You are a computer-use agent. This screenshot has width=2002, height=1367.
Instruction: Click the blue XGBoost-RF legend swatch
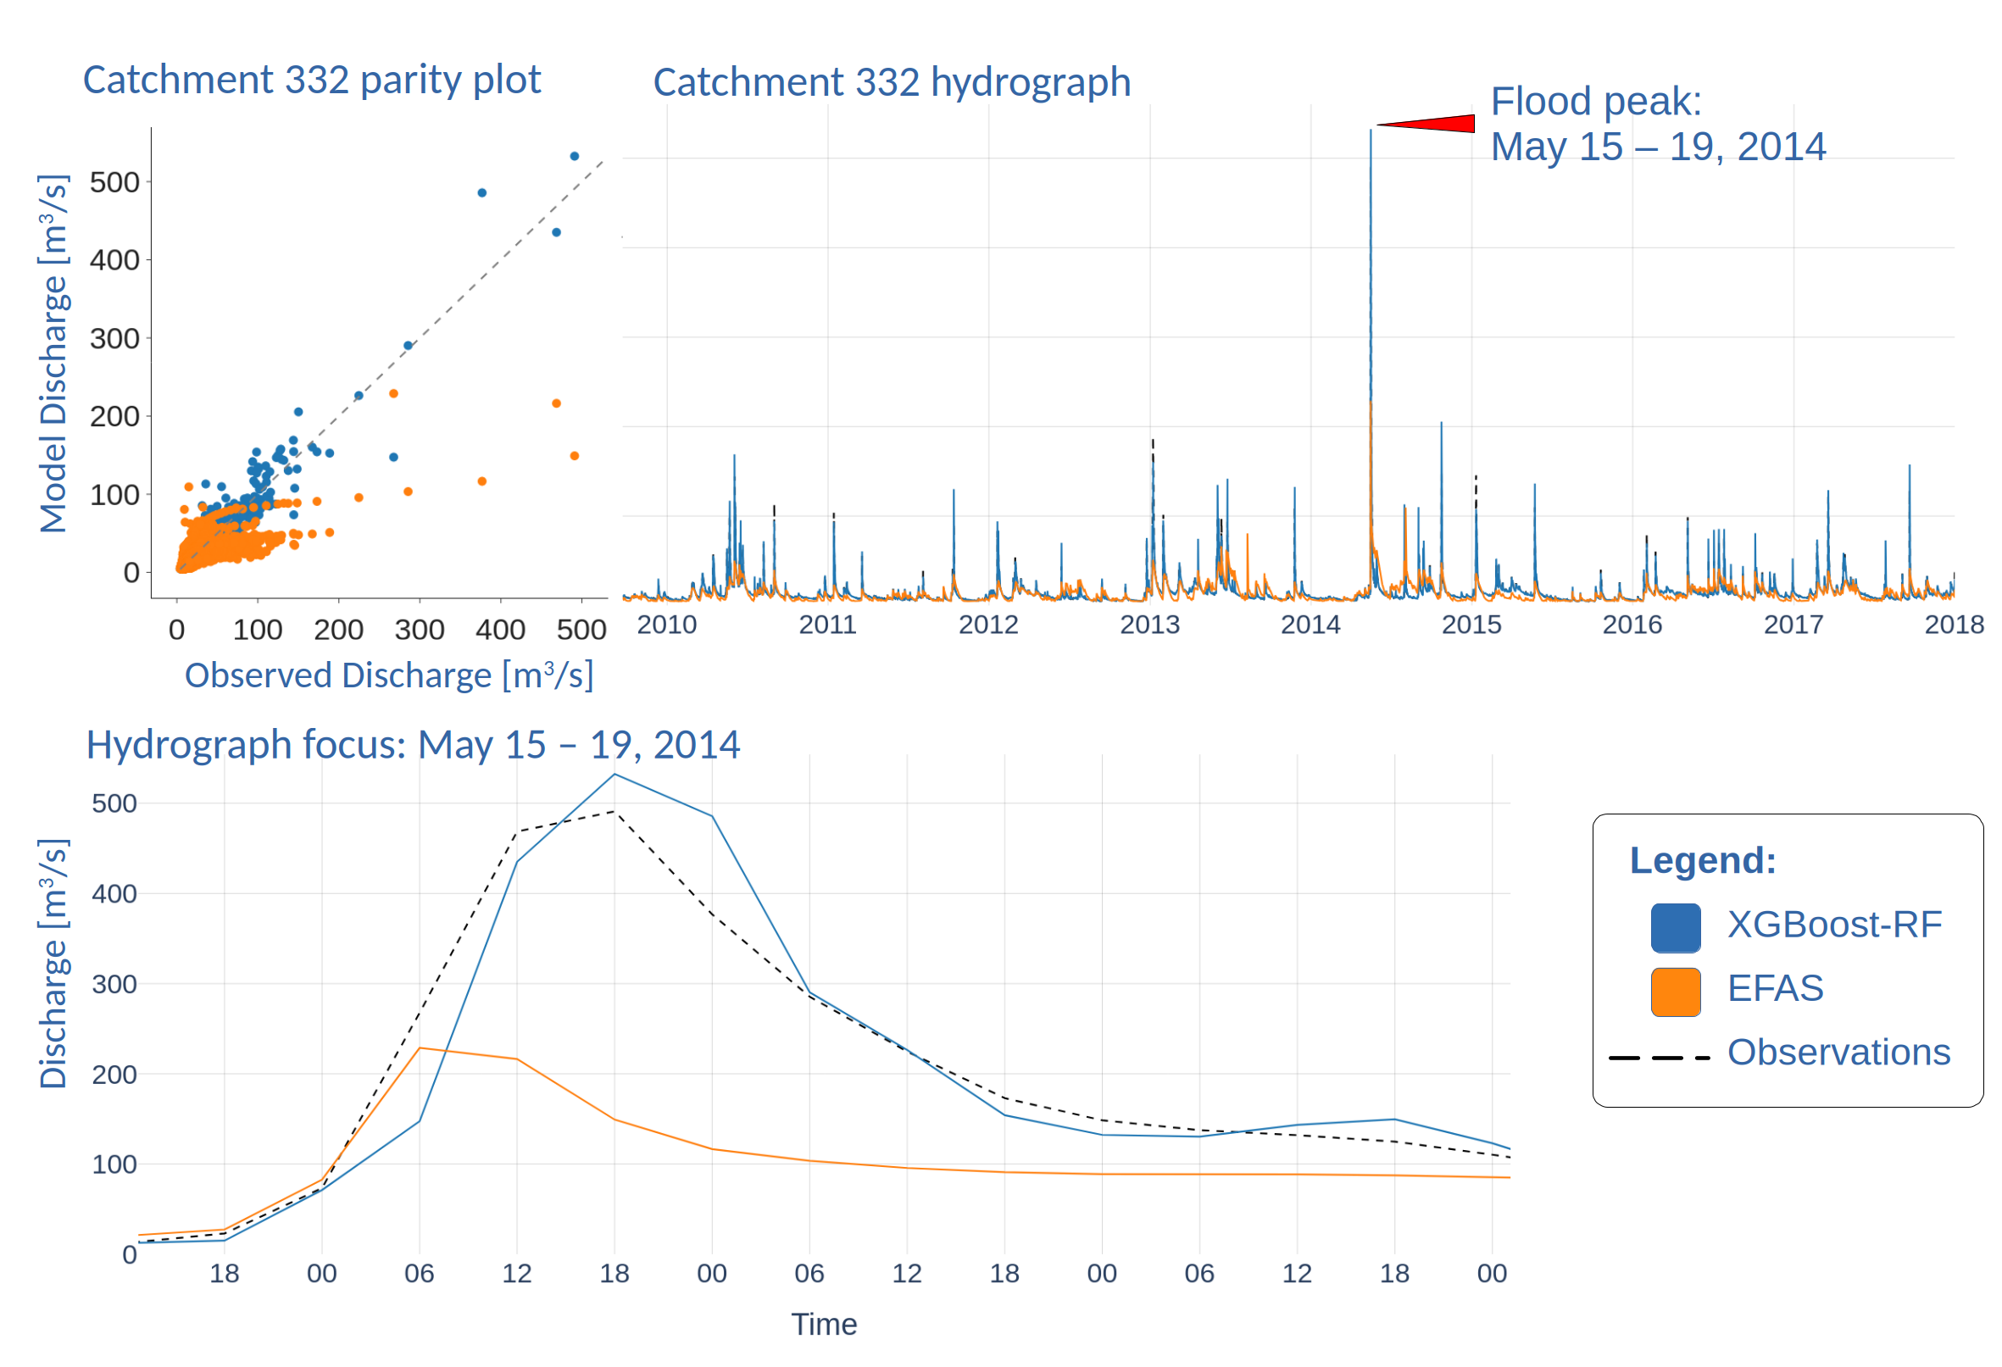[x=1675, y=928]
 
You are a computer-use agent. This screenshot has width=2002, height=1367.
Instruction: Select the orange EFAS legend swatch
[x=1675, y=992]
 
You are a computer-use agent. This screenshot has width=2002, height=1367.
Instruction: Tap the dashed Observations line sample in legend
[x=1658, y=1057]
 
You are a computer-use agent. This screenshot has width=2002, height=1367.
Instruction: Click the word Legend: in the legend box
[x=1702, y=860]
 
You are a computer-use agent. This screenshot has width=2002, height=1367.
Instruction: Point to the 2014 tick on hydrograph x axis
[x=1310, y=625]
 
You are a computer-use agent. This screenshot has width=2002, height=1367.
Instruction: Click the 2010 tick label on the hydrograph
[x=666, y=625]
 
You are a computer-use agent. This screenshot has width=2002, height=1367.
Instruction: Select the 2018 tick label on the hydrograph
[x=1953, y=625]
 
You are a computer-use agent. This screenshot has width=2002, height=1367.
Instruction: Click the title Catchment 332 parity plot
[x=311, y=81]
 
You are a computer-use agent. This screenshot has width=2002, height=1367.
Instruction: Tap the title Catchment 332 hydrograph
[x=891, y=83]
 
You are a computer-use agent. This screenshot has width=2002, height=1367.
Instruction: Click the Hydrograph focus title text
[x=413, y=744]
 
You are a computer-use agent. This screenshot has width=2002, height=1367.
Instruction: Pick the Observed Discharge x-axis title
[x=388, y=675]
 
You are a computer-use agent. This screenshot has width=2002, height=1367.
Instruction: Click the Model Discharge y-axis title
[x=53, y=353]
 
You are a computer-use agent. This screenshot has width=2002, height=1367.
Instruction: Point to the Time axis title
[x=824, y=1324]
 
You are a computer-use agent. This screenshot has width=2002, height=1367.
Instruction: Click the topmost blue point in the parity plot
[x=575, y=156]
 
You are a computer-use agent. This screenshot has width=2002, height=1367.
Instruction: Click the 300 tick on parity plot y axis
[x=114, y=338]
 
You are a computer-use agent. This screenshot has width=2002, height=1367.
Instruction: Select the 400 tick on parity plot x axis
[x=500, y=630]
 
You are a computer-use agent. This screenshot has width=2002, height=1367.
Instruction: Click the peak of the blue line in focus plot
[x=615, y=775]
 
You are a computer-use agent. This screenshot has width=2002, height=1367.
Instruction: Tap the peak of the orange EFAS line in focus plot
[x=420, y=1047]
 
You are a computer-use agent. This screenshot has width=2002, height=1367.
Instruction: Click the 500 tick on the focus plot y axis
[x=114, y=803]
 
